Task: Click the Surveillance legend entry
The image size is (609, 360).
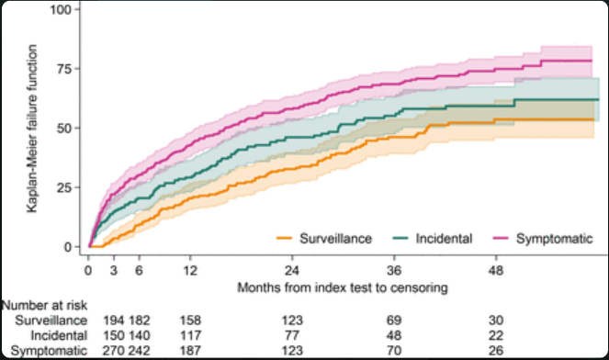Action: [324, 239]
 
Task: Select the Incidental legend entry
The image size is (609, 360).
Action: [433, 239]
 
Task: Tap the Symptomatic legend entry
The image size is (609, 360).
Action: [543, 239]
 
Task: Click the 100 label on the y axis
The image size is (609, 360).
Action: [61, 9]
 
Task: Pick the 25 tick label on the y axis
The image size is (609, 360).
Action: [64, 187]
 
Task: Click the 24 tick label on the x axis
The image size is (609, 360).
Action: [292, 270]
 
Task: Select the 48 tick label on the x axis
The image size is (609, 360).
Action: [496, 270]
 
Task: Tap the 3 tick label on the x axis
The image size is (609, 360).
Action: [113, 270]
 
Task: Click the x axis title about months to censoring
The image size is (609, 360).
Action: [343, 287]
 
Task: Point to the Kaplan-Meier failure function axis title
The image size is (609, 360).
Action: [32, 129]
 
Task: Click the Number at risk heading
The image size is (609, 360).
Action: [44, 306]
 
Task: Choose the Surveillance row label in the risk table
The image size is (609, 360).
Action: [51, 321]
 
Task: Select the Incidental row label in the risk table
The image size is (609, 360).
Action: [59, 335]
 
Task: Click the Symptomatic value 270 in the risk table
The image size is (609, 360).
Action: [113, 351]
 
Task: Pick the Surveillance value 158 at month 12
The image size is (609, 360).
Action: [190, 321]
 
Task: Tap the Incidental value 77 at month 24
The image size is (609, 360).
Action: [292, 335]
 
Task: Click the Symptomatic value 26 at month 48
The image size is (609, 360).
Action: [496, 351]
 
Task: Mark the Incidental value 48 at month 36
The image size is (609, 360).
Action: [394, 335]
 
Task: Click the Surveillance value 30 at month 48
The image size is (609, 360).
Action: [496, 321]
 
